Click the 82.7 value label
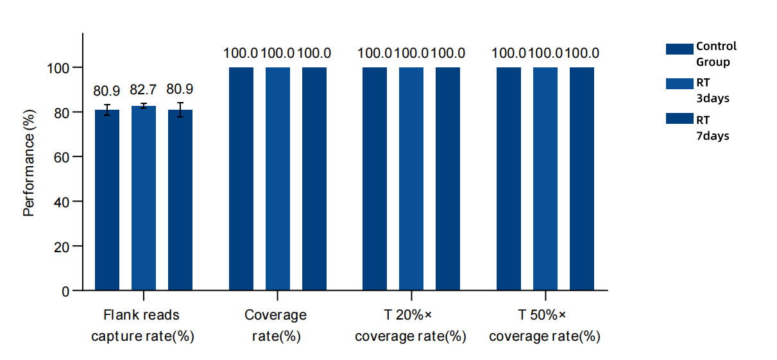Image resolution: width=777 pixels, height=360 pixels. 143,90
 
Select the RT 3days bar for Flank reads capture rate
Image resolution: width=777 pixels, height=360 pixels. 144,199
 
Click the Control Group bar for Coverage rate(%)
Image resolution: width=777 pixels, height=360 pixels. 241,179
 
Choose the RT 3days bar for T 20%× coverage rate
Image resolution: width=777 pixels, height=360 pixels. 411,179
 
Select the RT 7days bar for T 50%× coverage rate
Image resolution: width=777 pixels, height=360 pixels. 582,179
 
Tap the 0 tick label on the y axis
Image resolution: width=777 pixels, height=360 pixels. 66,291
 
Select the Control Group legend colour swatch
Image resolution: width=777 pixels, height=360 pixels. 680,49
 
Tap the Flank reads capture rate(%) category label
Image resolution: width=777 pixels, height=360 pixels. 142,326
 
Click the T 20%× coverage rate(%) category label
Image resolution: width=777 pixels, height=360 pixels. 411,326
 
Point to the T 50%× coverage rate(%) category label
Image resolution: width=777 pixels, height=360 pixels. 545,326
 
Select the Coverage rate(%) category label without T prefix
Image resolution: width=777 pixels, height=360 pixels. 276,326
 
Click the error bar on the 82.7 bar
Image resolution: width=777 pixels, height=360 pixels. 144,106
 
